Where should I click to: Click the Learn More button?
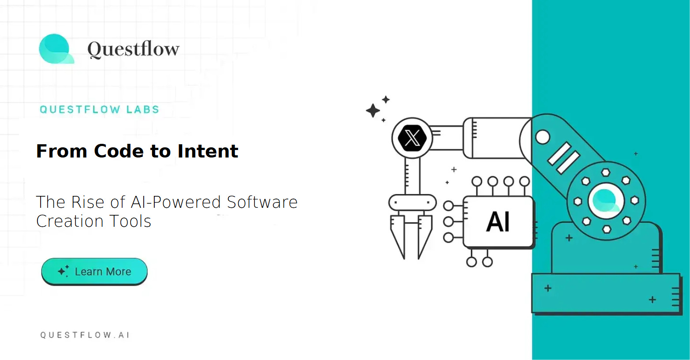click(x=94, y=271)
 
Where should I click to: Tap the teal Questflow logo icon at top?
click(x=56, y=49)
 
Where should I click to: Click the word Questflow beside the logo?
click(x=133, y=49)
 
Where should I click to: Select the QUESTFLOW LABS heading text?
click(x=99, y=109)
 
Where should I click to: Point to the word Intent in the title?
click(x=208, y=151)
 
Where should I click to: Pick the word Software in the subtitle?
click(x=262, y=202)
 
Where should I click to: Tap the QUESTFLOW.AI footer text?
click(x=85, y=335)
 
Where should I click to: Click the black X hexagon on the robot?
click(x=412, y=138)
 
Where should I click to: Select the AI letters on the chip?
click(x=498, y=221)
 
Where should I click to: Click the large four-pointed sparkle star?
click(x=373, y=110)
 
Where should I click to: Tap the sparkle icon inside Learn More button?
click(x=63, y=271)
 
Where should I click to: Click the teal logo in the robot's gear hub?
click(x=606, y=201)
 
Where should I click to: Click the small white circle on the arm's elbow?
click(x=542, y=137)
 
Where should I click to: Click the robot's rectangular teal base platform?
click(x=606, y=293)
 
